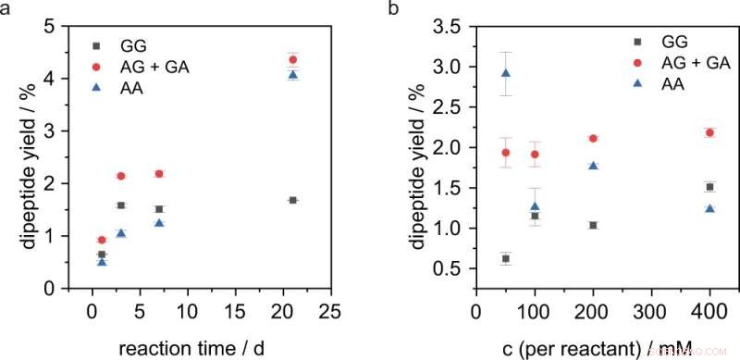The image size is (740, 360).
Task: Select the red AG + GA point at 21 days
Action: pyautogui.click(x=293, y=59)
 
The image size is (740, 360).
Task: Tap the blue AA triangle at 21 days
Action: pyautogui.click(x=293, y=75)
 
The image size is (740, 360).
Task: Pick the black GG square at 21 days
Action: pyautogui.click(x=293, y=200)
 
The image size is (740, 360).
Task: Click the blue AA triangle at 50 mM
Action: pyautogui.click(x=505, y=73)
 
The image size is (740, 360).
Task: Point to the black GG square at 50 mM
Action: pyautogui.click(x=505, y=258)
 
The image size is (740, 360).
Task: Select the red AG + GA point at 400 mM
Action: pyautogui.click(x=684, y=132)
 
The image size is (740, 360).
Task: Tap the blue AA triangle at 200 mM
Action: pyautogui.click(x=592, y=165)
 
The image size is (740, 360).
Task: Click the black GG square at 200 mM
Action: pyautogui.click(x=593, y=225)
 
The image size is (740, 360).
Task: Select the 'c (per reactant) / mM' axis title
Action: pyautogui.click(x=592, y=347)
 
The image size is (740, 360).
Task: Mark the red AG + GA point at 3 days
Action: pyautogui.click(x=121, y=176)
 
